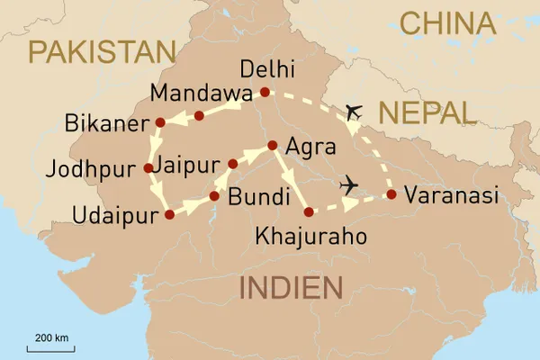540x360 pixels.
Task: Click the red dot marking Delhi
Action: click(264, 92)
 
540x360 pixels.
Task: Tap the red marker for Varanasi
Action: click(391, 194)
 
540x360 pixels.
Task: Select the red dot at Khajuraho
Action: click(309, 212)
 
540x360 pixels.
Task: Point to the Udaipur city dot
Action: click(169, 214)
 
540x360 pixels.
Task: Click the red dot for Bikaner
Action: click(160, 121)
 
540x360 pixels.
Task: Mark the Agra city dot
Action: click(272, 145)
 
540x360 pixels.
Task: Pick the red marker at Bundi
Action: click(214, 195)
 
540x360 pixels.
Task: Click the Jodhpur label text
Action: click(97, 168)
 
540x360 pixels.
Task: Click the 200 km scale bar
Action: click(52, 346)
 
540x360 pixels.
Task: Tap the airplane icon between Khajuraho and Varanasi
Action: click(350, 186)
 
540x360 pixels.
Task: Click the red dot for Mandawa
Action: click(200, 115)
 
